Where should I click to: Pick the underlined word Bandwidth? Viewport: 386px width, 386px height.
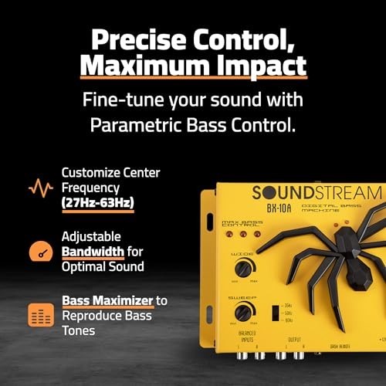click(x=96, y=252)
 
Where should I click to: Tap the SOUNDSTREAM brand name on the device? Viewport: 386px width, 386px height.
click(x=316, y=193)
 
